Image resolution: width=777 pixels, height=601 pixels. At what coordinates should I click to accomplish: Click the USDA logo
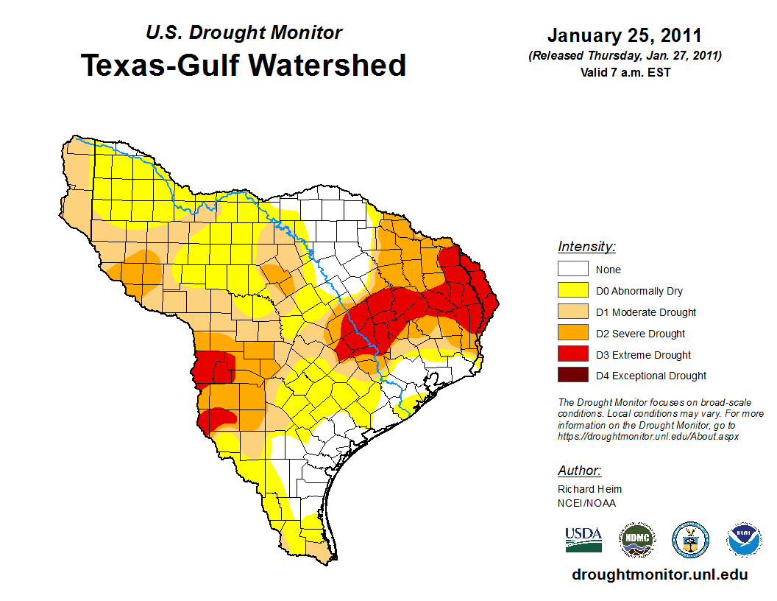tap(583, 540)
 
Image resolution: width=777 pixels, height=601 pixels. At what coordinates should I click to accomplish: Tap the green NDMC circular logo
tap(636, 540)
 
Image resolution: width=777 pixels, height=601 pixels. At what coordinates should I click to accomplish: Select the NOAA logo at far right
tap(744, 540)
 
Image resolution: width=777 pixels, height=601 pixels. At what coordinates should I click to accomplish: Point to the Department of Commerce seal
tap(691, 540)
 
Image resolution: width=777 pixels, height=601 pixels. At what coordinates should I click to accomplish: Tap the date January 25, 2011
tap(624, 36)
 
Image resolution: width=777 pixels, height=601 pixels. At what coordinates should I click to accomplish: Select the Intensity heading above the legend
tap(586, 247)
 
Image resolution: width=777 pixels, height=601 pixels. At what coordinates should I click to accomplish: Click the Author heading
tap(580, 471)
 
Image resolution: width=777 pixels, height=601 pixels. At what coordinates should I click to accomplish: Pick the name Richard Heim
tap(589, 489)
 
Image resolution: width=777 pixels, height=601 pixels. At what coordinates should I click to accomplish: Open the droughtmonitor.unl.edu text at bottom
tap(660, 575)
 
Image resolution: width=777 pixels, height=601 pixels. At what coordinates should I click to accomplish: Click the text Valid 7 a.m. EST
tap(624, 72)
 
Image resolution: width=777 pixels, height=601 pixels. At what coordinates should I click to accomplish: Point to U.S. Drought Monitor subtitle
tap(244, 33)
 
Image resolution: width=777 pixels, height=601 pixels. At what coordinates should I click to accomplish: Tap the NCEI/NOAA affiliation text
tap(586, 503)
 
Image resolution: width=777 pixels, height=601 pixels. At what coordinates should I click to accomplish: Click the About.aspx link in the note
tap(648, 436)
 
